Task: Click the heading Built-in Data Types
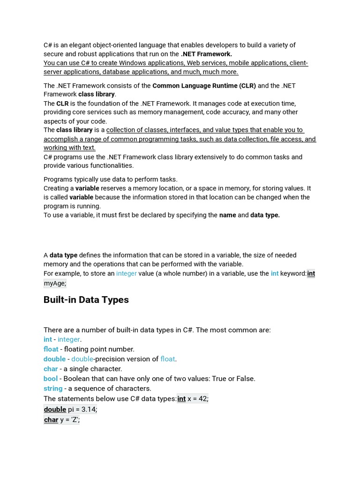86,300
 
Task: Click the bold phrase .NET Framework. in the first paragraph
206,54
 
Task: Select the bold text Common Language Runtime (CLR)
204,85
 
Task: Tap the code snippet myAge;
55,283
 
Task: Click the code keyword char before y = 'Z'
51,420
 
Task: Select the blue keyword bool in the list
51,378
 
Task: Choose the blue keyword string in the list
53,388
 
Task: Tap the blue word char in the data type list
51,368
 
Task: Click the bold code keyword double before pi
55,409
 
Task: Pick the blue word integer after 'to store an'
127,273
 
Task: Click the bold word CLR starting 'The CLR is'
62,103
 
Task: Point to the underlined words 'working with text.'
69,148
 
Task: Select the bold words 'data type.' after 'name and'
265,215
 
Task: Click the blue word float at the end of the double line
167,359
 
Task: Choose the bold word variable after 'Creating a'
87,188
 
